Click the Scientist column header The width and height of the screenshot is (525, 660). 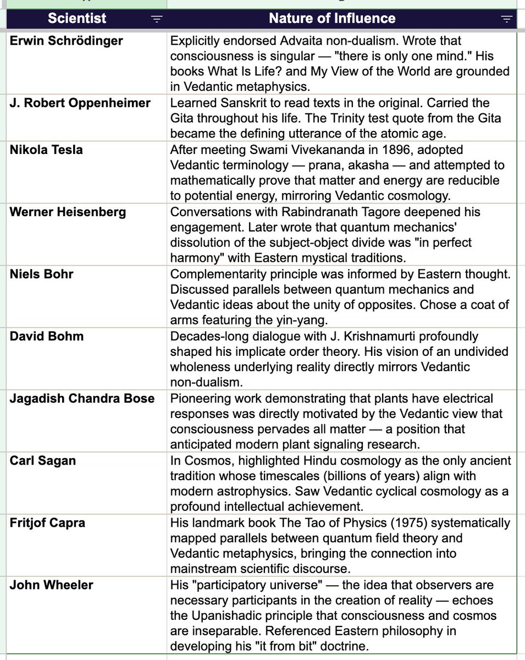[76, 18]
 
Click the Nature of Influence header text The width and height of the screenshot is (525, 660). [332, 18]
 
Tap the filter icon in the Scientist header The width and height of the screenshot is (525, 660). [157, 19]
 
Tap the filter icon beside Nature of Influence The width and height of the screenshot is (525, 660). [506, 19]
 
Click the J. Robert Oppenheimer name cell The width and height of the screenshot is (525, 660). [80, 103]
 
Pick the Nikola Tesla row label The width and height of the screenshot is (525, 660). [46, 150]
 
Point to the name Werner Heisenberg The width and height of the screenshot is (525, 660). [67, 212]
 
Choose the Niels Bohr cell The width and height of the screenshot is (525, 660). [41, 274]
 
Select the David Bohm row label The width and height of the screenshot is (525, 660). [47, 336]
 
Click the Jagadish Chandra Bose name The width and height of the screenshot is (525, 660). [82, 398]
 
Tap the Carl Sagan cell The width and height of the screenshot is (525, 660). [43, 460]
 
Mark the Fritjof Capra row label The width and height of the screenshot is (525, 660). [47, 522]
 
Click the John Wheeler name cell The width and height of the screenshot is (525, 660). [51, 585]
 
